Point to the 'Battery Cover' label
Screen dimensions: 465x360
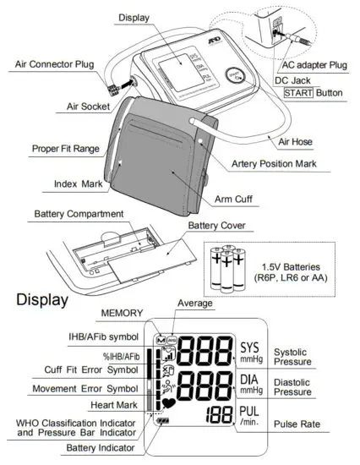tap(217, 226)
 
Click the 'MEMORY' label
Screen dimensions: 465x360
tap(123, 313)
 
